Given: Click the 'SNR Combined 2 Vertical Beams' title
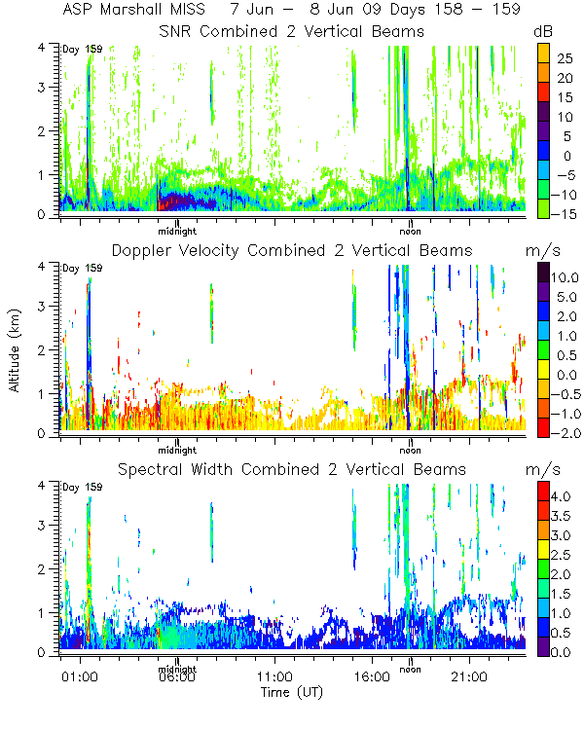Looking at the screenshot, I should coord(292,31).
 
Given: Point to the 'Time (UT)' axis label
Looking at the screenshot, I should coord(292,692).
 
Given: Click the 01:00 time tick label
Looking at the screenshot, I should coord(77,676).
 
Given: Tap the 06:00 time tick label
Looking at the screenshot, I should coord(175,676).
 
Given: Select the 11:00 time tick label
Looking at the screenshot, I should coord(274,676).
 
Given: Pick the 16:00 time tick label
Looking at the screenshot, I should coord(372,676).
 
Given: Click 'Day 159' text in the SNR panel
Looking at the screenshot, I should coord(82,49).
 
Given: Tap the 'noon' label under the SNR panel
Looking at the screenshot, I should coord(411,231).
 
